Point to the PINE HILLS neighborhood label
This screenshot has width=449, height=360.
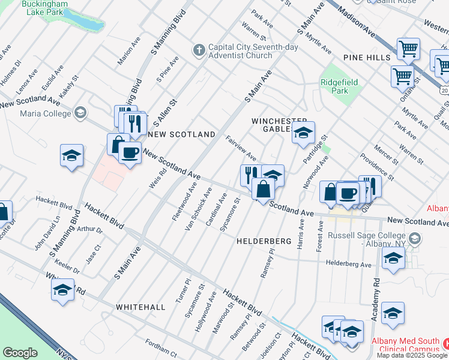367,56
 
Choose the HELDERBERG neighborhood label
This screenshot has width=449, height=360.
264,241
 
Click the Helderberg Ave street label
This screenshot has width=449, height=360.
348,263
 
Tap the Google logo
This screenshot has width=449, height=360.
20,353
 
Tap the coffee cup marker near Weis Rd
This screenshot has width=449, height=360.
129,153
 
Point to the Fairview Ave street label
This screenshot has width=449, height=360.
241,147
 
